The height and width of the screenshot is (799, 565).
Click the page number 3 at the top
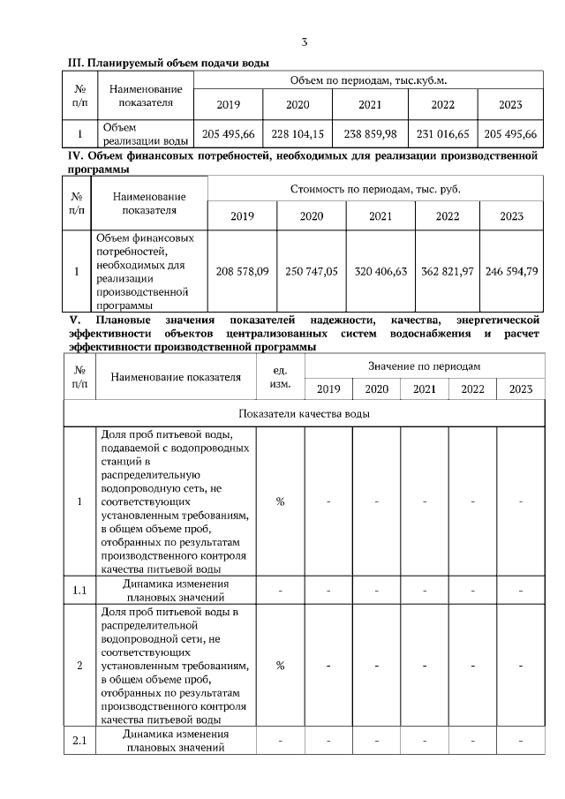(304, 41)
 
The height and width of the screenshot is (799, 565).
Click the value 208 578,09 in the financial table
(242, 271)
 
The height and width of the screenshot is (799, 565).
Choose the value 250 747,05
(311, 271)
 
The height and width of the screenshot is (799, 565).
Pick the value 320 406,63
(380, 271)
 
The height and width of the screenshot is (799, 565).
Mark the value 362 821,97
(448, 271)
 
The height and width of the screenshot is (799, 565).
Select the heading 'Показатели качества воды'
(304, 413)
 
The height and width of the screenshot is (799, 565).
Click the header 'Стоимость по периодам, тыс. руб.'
(375, 189)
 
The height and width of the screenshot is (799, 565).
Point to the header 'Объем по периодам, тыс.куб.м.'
(368, 80)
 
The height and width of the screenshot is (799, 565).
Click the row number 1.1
(79, 590)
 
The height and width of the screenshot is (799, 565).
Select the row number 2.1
(79, 740)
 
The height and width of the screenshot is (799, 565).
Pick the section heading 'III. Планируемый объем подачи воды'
(169, 62)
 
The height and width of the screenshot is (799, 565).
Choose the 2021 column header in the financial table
(380, 216)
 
